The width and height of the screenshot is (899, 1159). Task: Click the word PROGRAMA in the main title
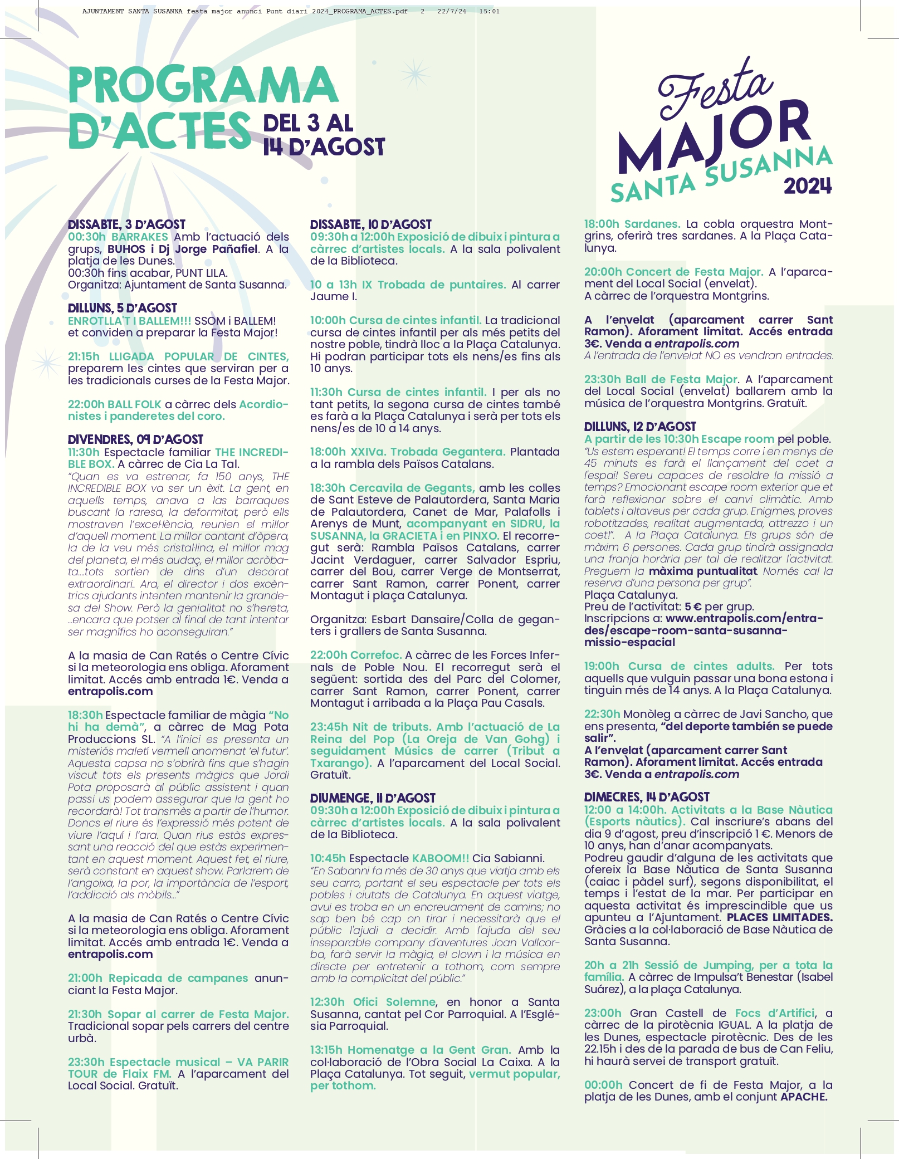pyautogui.click(x=203, y=85)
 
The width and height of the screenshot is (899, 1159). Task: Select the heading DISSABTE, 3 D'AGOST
pyautogui.click(x=126, y=224)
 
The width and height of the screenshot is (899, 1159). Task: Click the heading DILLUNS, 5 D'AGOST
pyautogui.click(x=122, y=308)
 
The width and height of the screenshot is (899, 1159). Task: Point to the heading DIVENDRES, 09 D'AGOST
pyautogui.click(x=135, y=439)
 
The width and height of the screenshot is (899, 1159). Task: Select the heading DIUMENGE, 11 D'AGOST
pyautogui.click(x=372, y=798)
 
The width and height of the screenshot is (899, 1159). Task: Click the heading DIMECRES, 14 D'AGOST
pyautogui.click(x=647, y=797)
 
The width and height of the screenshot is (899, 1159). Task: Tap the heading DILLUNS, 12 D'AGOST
pyautogui.click(x=639, y=427)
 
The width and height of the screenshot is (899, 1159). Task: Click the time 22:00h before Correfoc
pyautogui.click(x=329, y=655)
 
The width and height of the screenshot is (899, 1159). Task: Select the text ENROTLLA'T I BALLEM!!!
pyautogui.click(x=129, y=321)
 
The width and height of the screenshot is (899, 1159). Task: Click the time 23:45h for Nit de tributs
pyautogui.click(x=329, y=727)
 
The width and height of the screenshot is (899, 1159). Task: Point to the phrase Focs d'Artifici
pyautogui.click(x=774, y=1013)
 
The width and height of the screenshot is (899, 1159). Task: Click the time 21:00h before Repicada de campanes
pyautogui.click(x=85, y=978)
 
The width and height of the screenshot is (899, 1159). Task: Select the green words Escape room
pyautogui.click(x=738, y=439)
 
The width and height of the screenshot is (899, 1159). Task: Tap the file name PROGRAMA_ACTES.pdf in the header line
pyautogui.click(x=367, y=11)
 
